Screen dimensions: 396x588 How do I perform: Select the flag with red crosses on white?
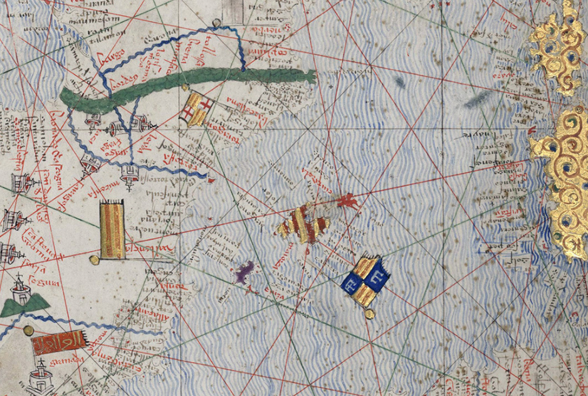198,110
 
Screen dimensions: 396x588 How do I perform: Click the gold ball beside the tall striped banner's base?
94,259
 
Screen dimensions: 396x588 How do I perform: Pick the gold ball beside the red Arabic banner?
28,330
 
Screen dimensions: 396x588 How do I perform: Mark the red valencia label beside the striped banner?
148,250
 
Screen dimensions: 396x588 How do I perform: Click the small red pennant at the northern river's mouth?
211,180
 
